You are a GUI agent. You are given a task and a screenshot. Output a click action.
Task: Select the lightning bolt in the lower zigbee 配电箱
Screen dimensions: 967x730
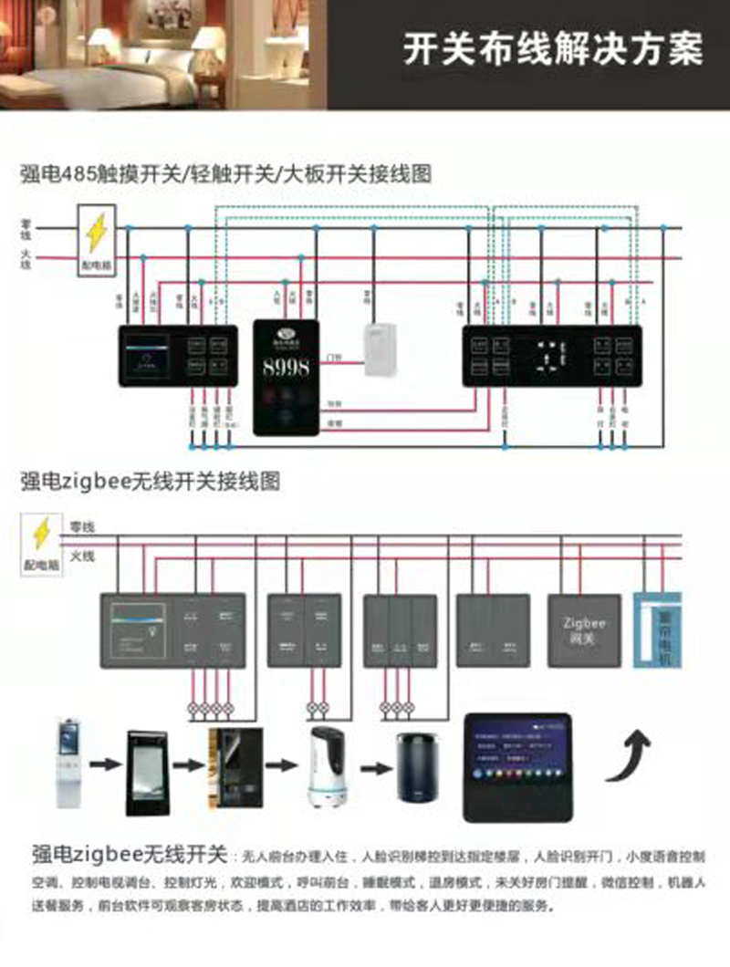41,534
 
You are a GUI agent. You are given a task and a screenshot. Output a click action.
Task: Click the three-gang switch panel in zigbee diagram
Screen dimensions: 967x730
400,630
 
